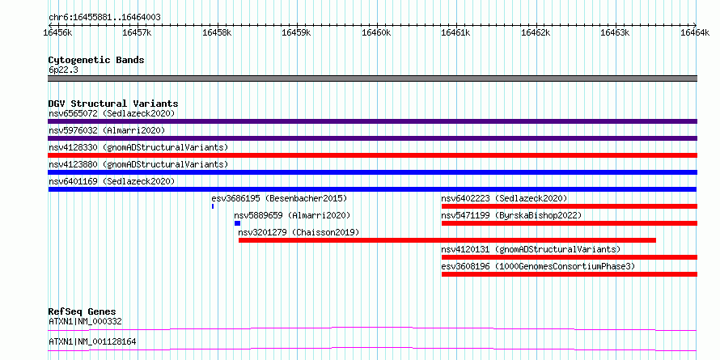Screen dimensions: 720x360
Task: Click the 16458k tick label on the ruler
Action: [217, 32]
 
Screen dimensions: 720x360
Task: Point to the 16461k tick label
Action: [455, 32]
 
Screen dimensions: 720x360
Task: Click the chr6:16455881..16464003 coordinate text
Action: [104, 18]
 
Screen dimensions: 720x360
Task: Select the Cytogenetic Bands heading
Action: [96, 60]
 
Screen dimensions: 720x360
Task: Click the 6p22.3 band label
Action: [63, 70]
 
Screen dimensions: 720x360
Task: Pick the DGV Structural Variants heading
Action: [113, 104]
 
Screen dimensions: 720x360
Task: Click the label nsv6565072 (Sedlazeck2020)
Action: [112, 113]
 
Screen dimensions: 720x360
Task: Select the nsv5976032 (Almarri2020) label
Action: [107, 130]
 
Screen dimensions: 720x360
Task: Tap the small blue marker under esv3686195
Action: [213, 206]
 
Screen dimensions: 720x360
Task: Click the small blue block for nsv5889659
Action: [237, 223]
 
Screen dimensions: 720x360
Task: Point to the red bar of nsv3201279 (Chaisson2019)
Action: [447, 240]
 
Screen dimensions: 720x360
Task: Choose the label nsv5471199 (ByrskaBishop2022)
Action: [511, 215]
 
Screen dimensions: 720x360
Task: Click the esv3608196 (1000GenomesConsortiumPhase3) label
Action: [538, 266]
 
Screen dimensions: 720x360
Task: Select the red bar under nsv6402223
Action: [570, 206]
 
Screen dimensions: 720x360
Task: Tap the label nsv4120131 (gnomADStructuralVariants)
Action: [531, 249]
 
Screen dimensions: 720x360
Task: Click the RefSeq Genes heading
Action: [83, 311]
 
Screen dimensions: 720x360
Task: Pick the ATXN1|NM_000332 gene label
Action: [86, 321]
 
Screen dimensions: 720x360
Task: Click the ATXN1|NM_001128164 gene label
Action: [92, 341]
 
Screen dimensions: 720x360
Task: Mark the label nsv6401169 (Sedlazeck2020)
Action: [112, 181]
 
